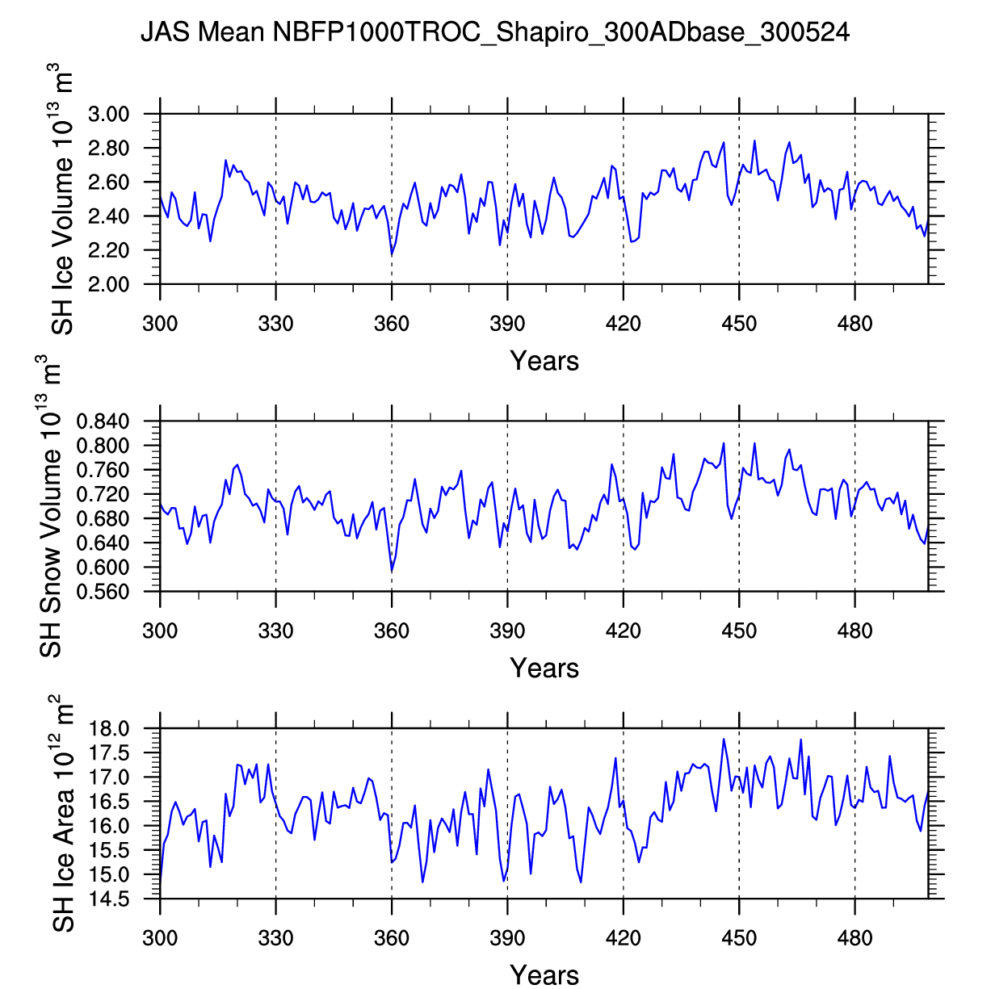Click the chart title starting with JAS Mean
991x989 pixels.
tap(495, 32)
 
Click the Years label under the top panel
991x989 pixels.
tap(544, 361)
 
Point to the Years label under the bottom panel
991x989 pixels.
tap(544, 975)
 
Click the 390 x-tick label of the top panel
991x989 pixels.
tap(507, 325)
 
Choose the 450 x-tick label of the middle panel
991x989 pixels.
tap(739, 631)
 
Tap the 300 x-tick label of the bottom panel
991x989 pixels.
tap(160, 938)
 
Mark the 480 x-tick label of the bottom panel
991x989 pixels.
tap(855, 938)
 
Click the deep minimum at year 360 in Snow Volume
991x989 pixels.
tap(392, 572)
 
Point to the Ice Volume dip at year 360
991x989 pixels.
tap(392, 255)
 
